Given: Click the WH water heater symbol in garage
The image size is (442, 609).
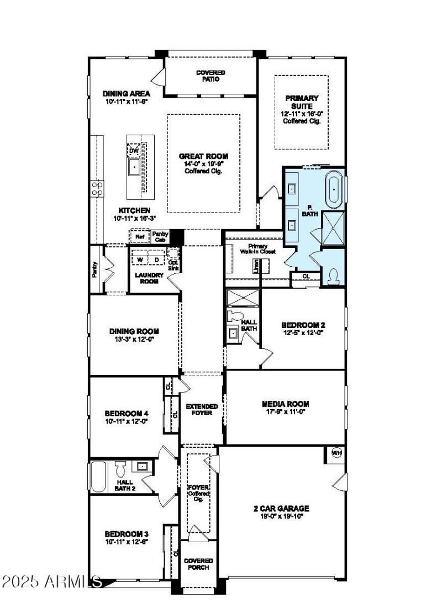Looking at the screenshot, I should click(x=336, y=453).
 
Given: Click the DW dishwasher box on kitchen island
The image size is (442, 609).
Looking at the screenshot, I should click(x=134, y=150).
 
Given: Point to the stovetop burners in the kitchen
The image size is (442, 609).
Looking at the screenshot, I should click(x=97, y=189).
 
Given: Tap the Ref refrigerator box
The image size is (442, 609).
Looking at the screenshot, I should click(x=139, y=237).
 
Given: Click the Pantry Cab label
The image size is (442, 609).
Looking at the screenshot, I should click(x=160, y=237).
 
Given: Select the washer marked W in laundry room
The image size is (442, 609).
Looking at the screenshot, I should click(x=140, y=259).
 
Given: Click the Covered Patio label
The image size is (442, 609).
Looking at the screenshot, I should click(x=211, y=76).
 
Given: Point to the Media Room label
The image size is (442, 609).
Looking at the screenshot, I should click(x=285, y=404).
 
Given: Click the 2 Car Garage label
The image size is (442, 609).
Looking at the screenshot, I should click(x=285, y=508).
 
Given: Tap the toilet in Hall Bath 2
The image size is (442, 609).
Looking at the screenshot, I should click(x=121, y=469).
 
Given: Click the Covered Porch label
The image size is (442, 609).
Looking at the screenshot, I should click(x=198, y=564).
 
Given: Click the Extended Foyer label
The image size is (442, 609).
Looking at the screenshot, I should click(x=202, y=410).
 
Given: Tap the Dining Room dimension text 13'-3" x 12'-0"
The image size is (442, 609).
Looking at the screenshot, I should click(x=134, y=340).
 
